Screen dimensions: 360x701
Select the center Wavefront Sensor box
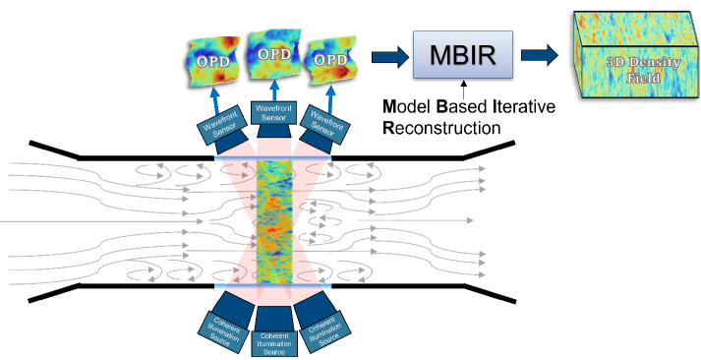[x=274, y=112]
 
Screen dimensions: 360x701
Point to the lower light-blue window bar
[x=274, y=286]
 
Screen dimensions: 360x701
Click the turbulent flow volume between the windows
[x=274, y=221]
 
